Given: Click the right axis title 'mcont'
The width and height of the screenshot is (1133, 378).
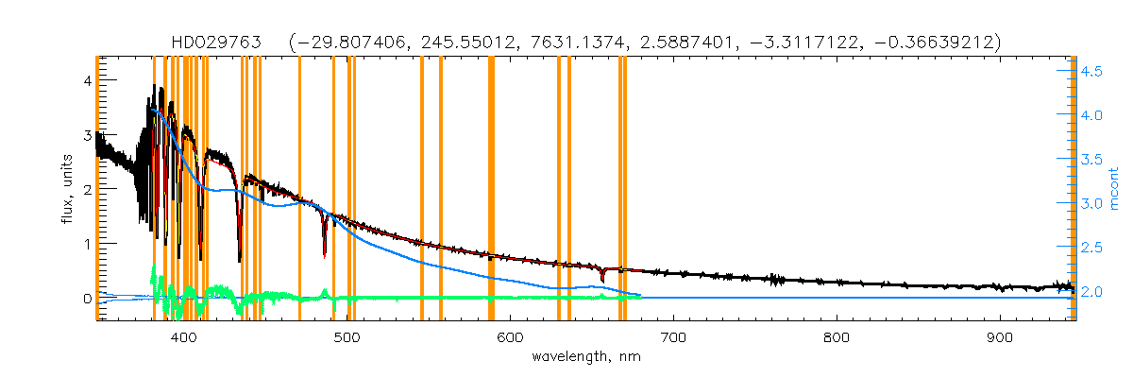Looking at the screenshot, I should coord(1115,189).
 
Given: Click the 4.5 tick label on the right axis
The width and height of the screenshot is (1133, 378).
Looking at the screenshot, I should coord(1093,71).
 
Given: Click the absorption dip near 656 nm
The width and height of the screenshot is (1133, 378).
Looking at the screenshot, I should coord(602,277).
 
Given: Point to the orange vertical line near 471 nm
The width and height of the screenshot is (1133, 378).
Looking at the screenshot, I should coord(299,189).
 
